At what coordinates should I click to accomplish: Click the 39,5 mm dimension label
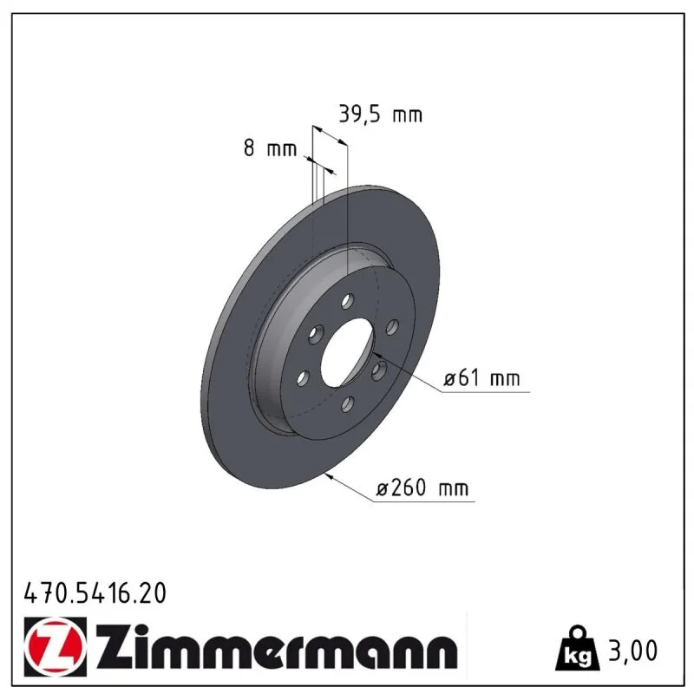pos(380,115)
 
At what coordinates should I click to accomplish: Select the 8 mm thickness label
pos(270,148)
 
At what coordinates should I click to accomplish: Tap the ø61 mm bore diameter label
pos(481,378)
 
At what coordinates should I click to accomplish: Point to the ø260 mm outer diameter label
pos(422,488)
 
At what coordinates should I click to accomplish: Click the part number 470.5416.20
pos(95,593)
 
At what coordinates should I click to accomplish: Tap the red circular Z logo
pos(56,646)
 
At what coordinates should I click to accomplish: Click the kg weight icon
pos(578,648)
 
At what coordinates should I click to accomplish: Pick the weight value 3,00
pos(633,651)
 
